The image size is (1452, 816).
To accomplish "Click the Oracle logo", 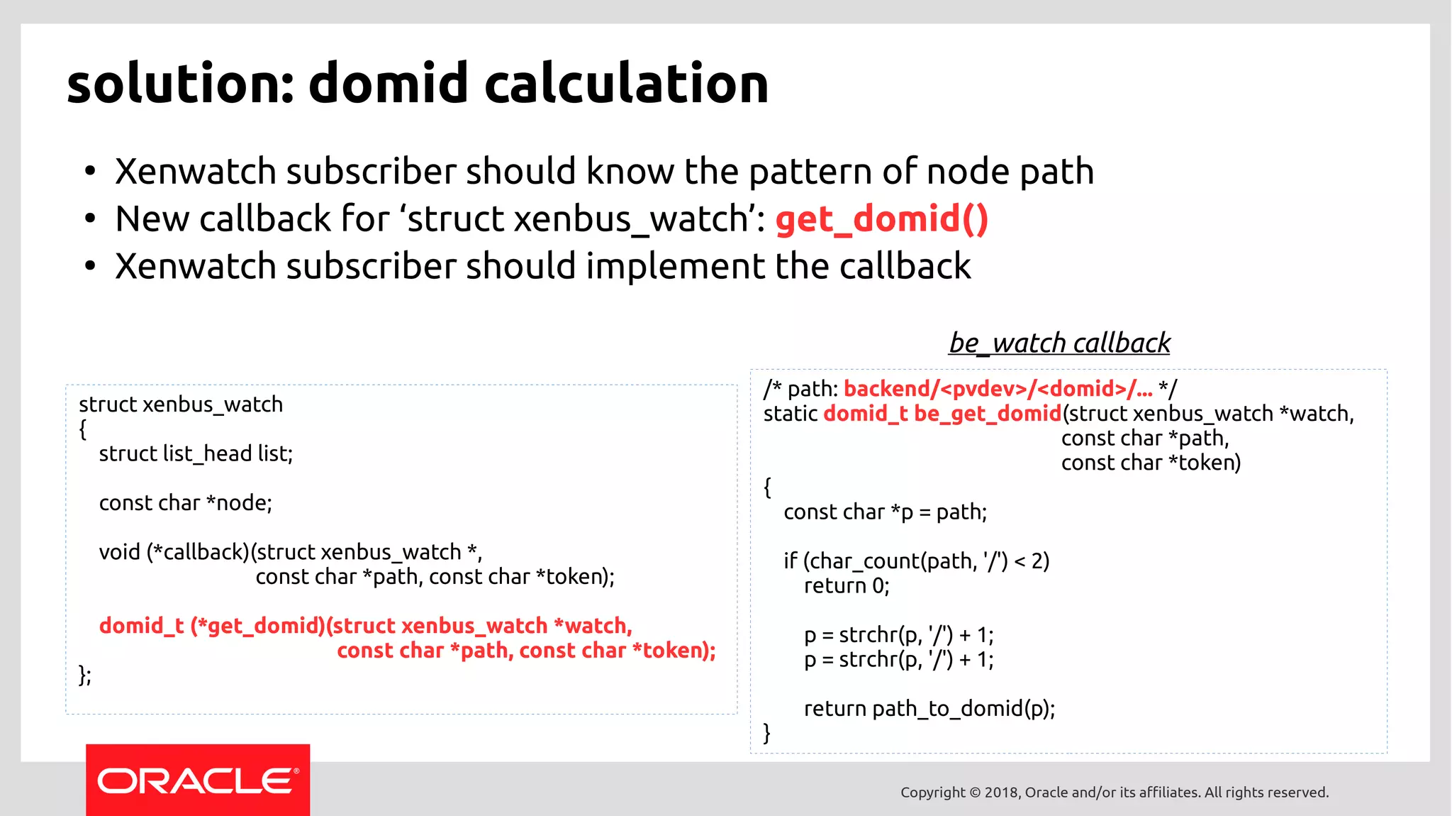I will click(x=198, y=781).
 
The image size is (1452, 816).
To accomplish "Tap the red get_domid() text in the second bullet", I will click(x=881, y=219).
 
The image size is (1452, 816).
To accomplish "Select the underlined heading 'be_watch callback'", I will click(x=1059, y=343).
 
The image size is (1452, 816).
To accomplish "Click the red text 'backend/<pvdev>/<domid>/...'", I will click(x=998, y=389).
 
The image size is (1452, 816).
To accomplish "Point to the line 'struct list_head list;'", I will click(x=196, y=453).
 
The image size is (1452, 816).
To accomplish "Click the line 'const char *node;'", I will click(x=185, y=502).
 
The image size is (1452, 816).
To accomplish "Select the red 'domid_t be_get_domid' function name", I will click(x=942, y=414).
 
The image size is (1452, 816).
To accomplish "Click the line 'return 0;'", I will click(x=846, y=585).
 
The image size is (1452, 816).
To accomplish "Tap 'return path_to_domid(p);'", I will click(x=929, y=708).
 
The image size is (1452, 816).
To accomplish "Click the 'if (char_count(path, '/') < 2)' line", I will click(x=916, y=561).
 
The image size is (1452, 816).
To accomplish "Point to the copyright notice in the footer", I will click(x=1114, y=792).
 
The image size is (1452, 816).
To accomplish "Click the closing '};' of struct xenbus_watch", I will click(x=85, y=675).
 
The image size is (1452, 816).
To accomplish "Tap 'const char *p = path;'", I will click(x=885, y=512).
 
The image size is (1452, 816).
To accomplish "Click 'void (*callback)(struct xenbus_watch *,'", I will click(x=291, y=551).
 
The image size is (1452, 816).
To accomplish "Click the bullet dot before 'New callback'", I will click(x=89, y=219).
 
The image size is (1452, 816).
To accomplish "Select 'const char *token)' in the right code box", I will click(x=1150, y=463).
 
